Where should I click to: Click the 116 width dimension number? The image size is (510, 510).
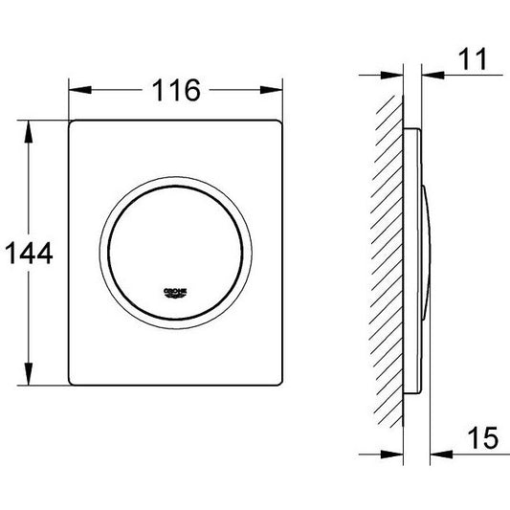[x=176, y=90]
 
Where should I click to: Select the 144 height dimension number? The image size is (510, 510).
[x=29, y=253]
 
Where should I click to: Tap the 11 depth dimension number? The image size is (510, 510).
[x=474, y=59]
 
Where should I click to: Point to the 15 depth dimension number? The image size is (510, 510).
[x=482, y=438]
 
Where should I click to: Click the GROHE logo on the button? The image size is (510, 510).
[x=175, y=293]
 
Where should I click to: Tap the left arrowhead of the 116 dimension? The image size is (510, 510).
[x=80, y=90]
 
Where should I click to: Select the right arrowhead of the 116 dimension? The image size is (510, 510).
[x=271, y=90]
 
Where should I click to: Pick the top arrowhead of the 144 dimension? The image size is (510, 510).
[x=29, y=132]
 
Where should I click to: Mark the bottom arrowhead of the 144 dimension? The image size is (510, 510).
[x=29, y=374]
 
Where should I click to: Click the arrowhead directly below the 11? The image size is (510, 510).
[x=432, y=76]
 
